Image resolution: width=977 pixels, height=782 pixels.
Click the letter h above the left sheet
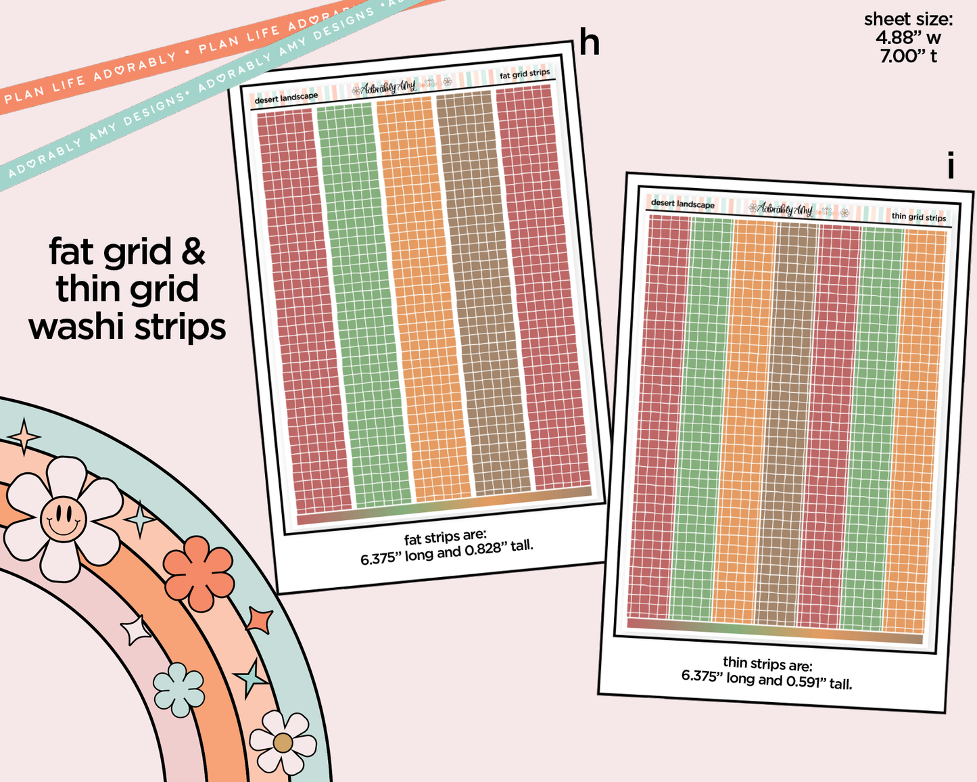pos(589,43)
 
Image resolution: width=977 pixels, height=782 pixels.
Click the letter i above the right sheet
pos(951,165)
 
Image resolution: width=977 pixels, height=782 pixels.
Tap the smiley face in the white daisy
pos(63,519)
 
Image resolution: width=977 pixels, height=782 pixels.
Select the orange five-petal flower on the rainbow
pos(199,573)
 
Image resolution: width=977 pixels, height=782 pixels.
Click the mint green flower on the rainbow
pos(178,689)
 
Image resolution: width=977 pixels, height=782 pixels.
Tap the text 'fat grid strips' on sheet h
pos(525,74)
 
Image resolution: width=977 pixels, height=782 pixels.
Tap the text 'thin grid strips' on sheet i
pos(918,217)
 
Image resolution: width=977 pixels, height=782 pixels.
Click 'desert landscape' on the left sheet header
pos(286,98)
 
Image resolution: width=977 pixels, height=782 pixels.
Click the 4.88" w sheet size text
pos(908,38)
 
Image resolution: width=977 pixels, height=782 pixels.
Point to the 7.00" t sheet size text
pos(908,56)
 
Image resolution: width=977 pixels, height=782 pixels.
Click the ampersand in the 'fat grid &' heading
pos(193,252)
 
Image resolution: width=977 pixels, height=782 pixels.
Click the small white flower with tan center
pos(283,742)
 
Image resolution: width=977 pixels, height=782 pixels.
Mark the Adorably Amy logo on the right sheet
pos(784,209)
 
